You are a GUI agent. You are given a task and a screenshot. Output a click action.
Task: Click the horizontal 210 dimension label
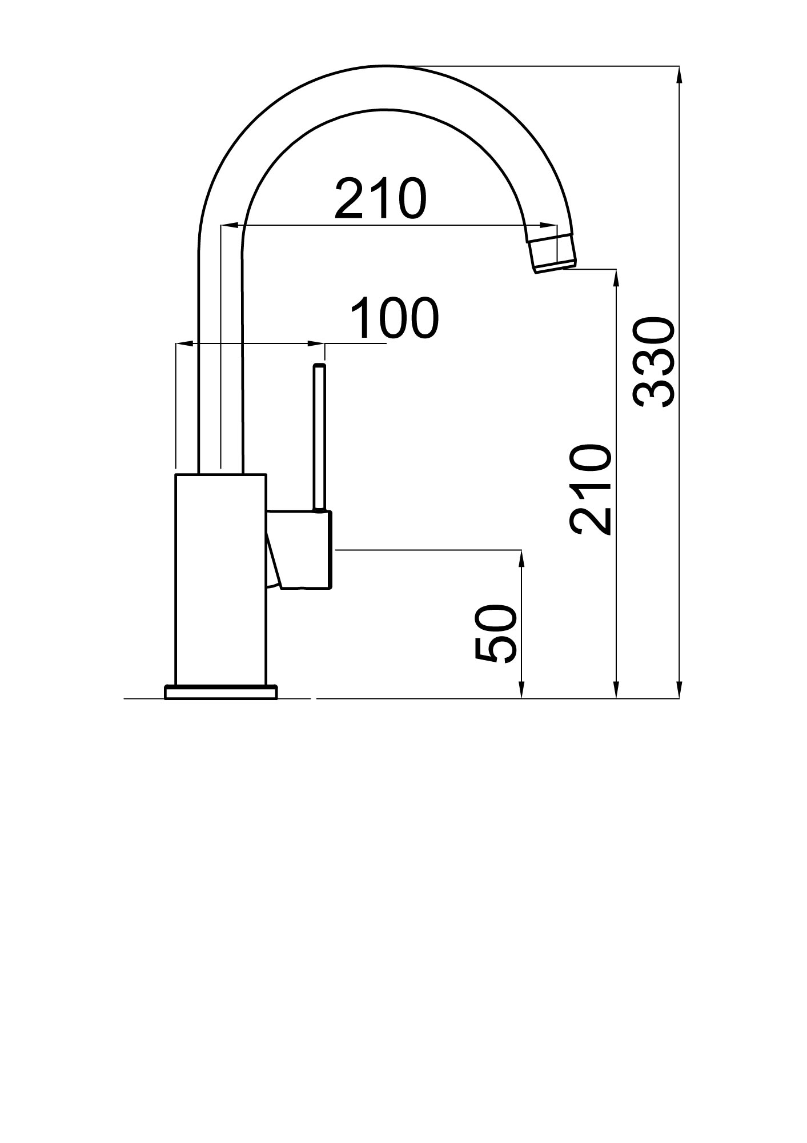[x=380, y=199]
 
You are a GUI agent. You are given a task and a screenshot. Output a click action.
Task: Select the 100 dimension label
[x=394, y=318]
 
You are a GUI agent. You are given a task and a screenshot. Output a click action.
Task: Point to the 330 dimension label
[x=654, y=362]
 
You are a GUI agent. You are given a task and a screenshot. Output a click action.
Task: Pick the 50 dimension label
[x=496, y=634]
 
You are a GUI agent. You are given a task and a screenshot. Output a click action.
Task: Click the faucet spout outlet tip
[x=555, y=266]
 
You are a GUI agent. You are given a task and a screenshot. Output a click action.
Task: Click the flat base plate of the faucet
[x=220, y=692]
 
